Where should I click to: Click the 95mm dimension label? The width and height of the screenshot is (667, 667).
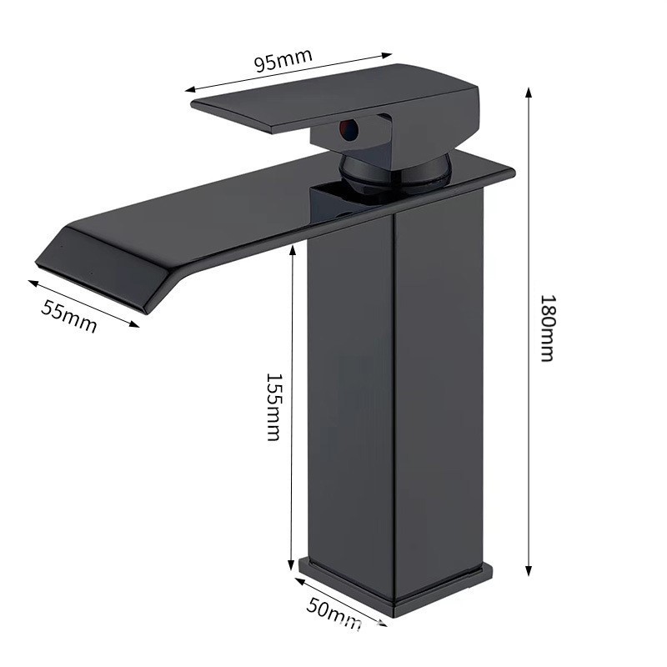(x=283, y=60)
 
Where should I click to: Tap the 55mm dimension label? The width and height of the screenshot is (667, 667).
(x=69, y=316)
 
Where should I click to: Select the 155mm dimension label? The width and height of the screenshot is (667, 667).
(x=273, y=408)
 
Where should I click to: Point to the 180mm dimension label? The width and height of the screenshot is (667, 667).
(x=547, y=328)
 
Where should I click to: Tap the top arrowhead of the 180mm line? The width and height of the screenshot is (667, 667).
(x=529, y=93)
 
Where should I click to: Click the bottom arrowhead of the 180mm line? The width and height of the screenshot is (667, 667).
(x=529, y=570)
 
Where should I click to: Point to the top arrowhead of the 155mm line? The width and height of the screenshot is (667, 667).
(x=293, y=251)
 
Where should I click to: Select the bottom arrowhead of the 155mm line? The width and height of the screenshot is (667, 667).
(x=291, y=564)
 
